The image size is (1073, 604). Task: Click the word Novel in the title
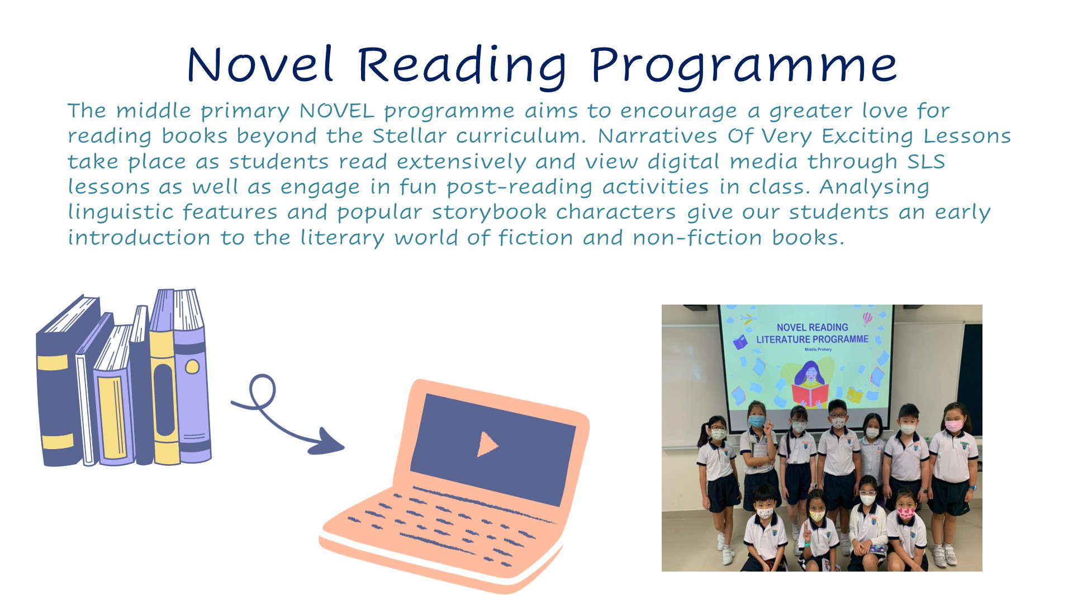(260, 64)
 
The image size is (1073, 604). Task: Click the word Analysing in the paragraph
(875, 187)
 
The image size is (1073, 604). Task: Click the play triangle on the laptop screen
(487, 445)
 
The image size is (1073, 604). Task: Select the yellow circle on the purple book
(192, 367)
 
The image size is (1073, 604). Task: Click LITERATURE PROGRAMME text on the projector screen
(812, 339)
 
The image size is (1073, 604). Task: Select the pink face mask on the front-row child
(905, 512)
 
